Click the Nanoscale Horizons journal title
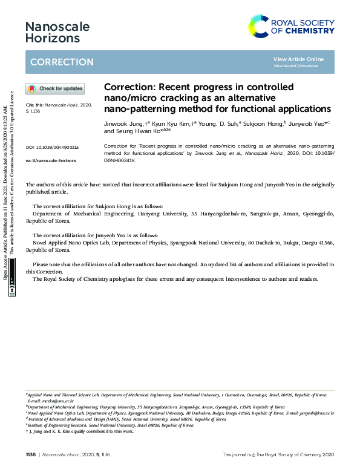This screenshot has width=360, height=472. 57,32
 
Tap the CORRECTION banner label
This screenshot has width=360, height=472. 62,62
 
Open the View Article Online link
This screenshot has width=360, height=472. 298,59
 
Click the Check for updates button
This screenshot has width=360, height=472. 55,89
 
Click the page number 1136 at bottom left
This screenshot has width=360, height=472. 31,454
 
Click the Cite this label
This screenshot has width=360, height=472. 35,104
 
